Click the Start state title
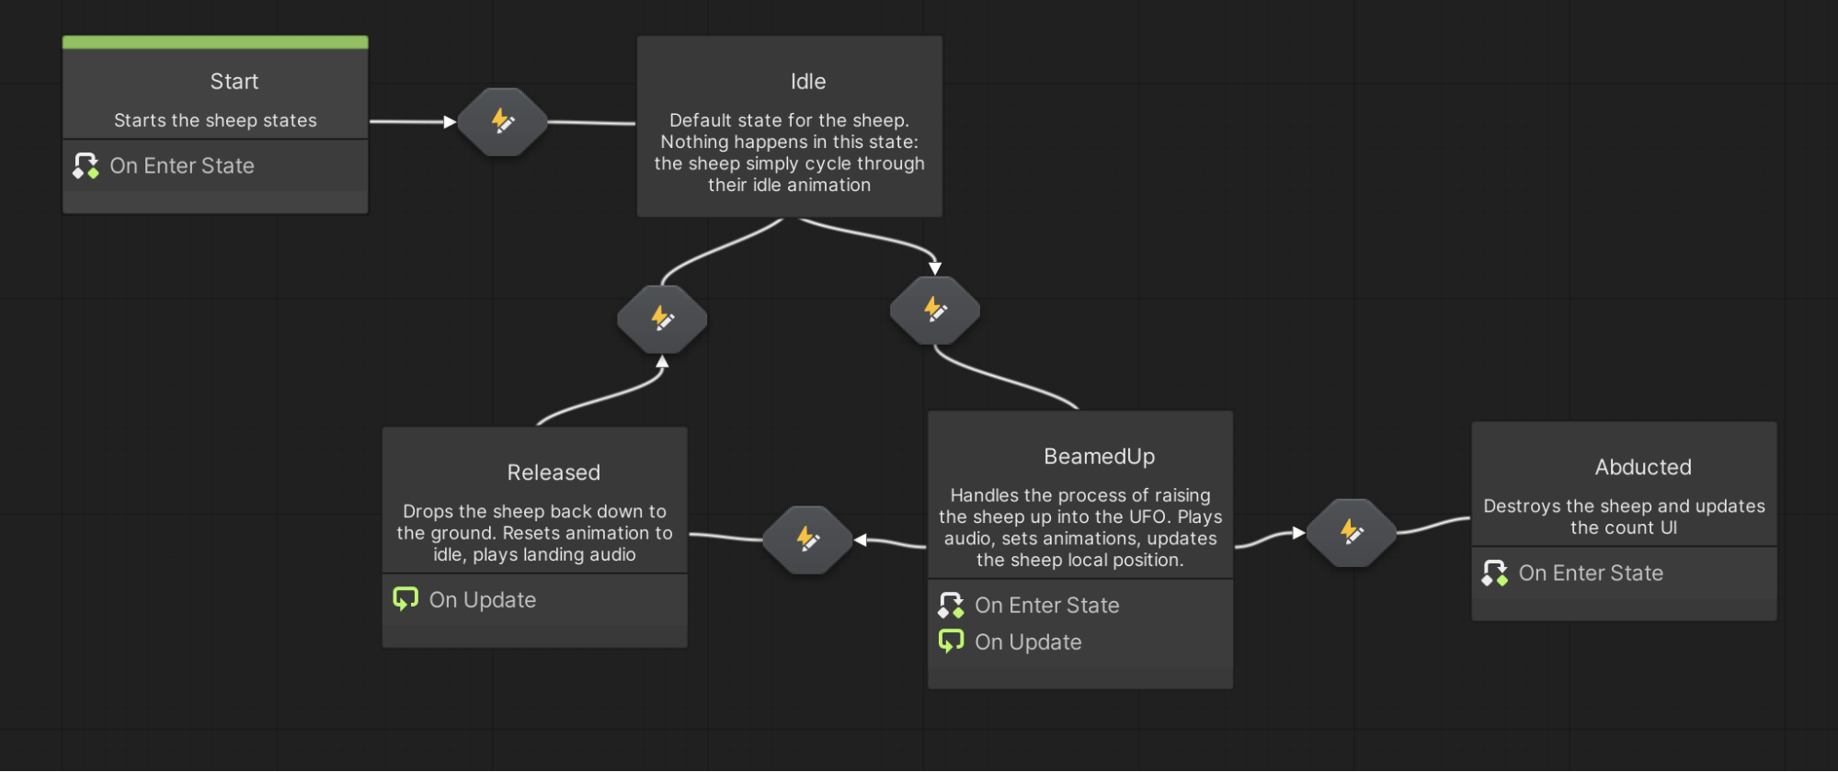click(234, 82)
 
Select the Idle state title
click(807, 82)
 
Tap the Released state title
click(553, 472)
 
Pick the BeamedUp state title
click(1099, 457)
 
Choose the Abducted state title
click(1642, 467)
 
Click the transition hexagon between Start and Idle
click(502, 121)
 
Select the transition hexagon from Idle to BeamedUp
click(934, 310)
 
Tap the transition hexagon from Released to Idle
click(662, 319)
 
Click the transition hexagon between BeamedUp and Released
click(807, 539)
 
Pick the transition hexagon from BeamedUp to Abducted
click(1351, 532)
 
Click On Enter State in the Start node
click(181, 166)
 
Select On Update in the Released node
click(482, 600)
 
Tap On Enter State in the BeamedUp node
click(1046, 606)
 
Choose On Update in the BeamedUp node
click(1027, 642)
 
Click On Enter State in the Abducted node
click(1590, 573)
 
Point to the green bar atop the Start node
click(215, 42)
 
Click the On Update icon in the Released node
click(405, 599)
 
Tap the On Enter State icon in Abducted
click(1494, 573)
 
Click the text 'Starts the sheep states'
click(215, 120)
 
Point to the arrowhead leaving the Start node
click(450, 121)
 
